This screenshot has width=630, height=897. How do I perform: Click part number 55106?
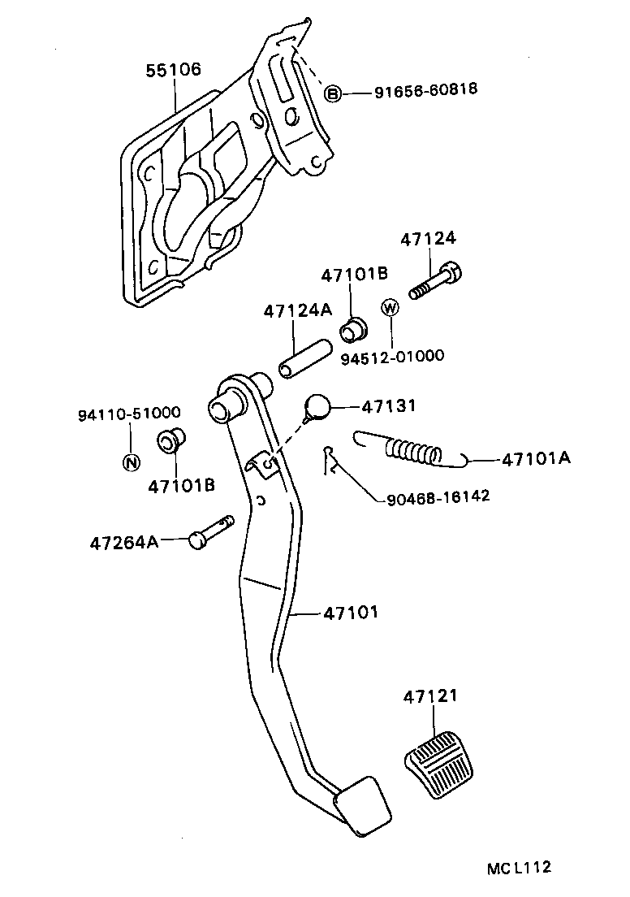coord(173,71)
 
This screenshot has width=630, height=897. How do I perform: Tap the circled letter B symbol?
coord(334,93)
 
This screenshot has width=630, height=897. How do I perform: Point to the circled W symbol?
coord(391,307)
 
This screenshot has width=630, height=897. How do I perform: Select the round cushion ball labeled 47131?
coord(317,406)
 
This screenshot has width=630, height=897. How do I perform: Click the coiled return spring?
coord(414,450)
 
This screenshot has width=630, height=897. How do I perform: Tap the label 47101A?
coord(535,459)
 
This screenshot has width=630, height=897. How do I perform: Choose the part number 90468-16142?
coord(434,496)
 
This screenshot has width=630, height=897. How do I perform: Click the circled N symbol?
coord(130,463)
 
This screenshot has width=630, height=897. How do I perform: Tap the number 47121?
coord(430,696)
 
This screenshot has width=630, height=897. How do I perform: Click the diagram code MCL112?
coord(520,869)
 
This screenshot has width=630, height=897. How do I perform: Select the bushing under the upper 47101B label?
coord(353,330)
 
